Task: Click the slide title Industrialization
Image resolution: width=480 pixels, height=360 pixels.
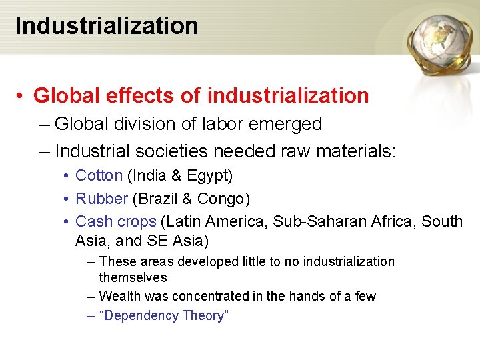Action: coord(107,26)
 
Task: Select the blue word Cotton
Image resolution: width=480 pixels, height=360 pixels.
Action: coord(99,176)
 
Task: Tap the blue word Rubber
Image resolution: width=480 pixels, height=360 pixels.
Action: coord(101,199)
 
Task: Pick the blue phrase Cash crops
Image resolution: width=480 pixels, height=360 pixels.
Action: coord(116,221)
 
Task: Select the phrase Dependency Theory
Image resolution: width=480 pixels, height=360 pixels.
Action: coord(163,315)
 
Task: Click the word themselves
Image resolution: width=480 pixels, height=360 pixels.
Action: coord(133,277)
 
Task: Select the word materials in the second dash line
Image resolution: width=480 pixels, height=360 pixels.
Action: coord(353,151)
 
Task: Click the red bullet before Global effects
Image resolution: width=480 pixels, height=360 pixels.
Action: coord(22,96)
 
